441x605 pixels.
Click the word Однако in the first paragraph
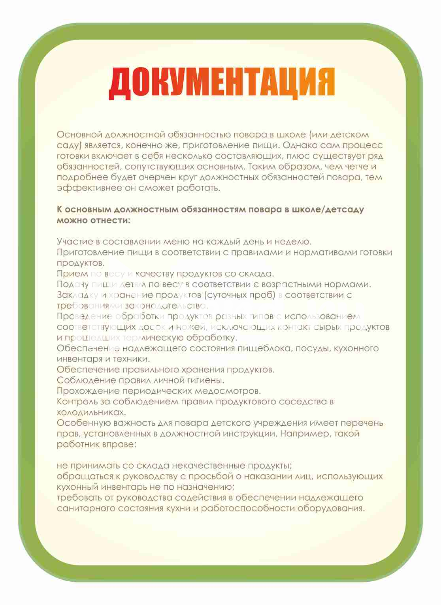292,145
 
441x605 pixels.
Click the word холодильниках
91,412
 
